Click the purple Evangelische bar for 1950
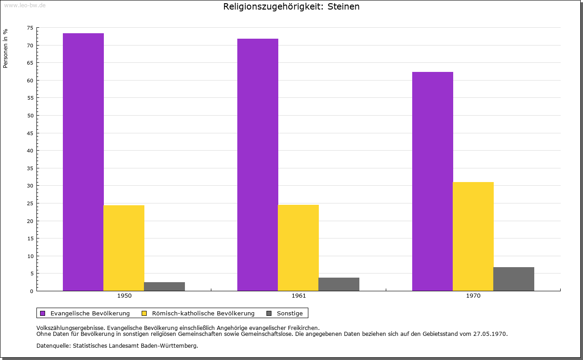[83, 162]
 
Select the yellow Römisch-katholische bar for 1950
[124, 248]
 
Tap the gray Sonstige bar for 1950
[164, 286]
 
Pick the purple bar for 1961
[258, 165]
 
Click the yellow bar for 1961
[298, 248]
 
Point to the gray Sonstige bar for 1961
[339, 284]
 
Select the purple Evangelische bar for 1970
[433, 181]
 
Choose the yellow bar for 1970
[473, 236]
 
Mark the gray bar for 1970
[514, 279]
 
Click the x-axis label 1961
[299, 296]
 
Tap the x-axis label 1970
[473, 296]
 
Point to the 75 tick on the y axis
[30, 28]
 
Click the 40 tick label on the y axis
[30, 151]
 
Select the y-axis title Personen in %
[5, 48]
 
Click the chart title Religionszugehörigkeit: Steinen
[291, 7]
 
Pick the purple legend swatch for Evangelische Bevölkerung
[43, 313]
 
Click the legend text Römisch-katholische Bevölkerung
[203, 313]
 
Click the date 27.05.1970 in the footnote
[491, 334]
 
